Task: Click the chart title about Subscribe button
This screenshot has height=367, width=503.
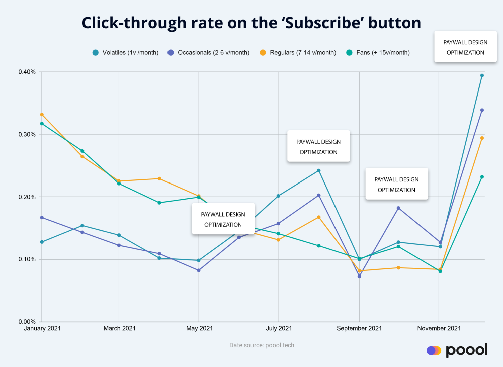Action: click(x=251, y=23)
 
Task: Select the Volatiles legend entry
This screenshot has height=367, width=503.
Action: click(x=126, y=52)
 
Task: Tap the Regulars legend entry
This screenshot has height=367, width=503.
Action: click(x=298, y=52)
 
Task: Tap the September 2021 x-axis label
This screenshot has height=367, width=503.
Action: click(x=359, y=329)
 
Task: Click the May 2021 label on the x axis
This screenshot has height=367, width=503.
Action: click(x=199, y=329)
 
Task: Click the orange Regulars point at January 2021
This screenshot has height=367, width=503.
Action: click(x=42, y=115)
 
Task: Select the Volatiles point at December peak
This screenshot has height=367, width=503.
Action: click(x=482, y=76)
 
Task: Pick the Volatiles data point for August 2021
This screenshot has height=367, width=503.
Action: click(x=318, y=171)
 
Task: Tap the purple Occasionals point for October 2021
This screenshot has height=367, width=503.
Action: click(x=398, y=208)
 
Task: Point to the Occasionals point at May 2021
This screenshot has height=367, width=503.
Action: click(x=199, y=270)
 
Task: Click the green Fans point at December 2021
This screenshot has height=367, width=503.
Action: click(x=482, y=177)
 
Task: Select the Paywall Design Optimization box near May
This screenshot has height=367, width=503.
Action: click(x=223, y=219)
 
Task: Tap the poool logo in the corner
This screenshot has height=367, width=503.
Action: click(x=457, y=350)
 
